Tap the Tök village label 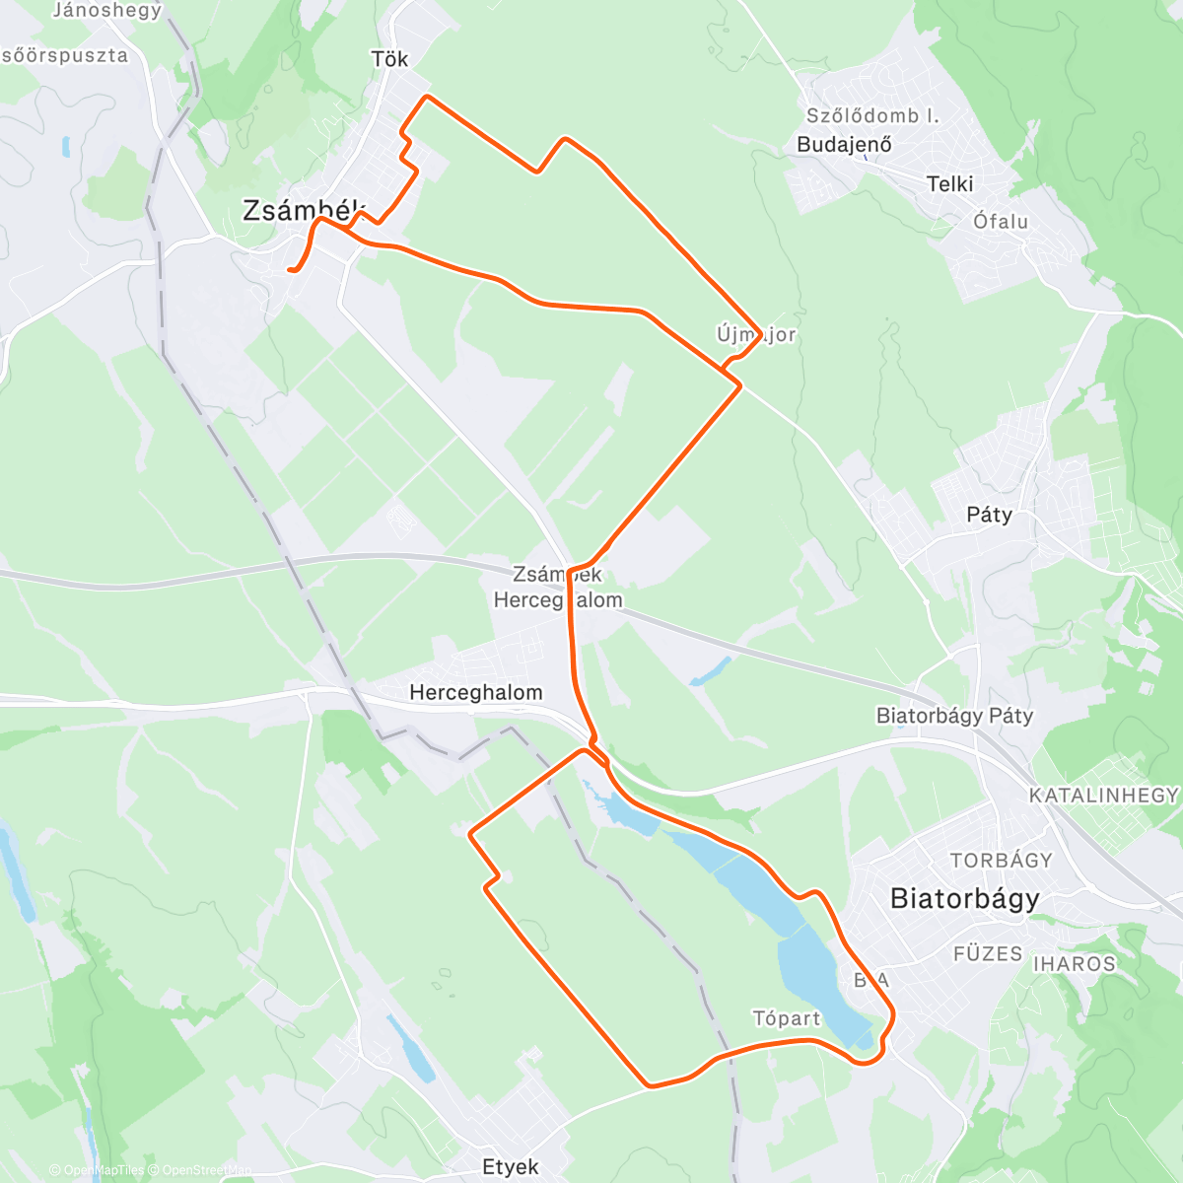pyautogui.click(x=389, y=59)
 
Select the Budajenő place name pyautogui.click(x=844, y=144)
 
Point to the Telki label pyautogui.click(x=949, y=183)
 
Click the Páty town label pyautogui.click(x=989, y=515)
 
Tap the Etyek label pyautogui.click(x=511, y=1167)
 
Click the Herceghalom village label pyautogui.click(x=475, y=692)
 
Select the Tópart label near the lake pyautogui.click(x=786, y=1018)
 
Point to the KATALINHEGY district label pyautogui.click(x=1103, y=795)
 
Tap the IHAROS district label pyautogui.click(x=1074, y=963)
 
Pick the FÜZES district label pyautogui.click(x=988, y=953)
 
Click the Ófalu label pyautogui.click(x=1001, y=221)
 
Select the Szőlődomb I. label pyautogui.click(x=872, y=115)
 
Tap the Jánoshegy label pyautogui.click(x=106, y=11)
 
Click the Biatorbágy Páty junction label pyautogui.click(x=954, y=716)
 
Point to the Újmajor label pyautogui.click(x=756, y=334)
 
